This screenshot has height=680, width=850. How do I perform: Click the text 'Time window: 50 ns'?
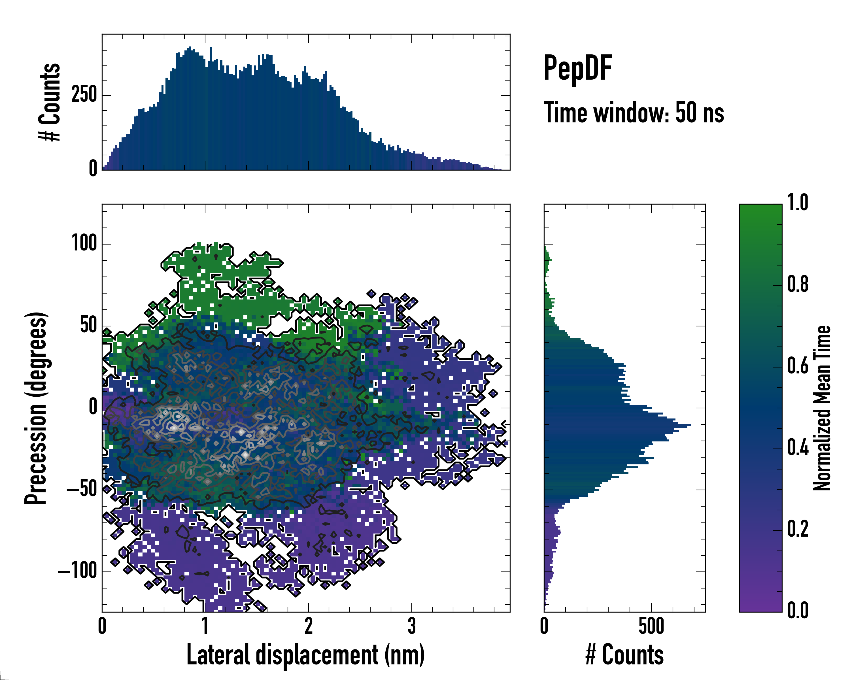634,113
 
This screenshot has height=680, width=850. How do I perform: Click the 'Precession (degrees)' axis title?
36,408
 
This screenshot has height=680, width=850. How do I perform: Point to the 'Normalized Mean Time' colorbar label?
823,408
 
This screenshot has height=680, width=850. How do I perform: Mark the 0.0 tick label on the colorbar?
798,611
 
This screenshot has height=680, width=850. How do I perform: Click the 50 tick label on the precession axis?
88,326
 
